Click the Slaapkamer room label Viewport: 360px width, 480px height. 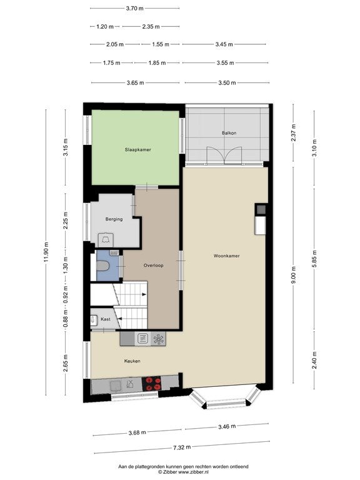click(137, 150)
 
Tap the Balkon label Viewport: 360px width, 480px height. click(229, 133)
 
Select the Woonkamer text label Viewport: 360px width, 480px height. click(226, 256)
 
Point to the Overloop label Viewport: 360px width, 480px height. click(153, 266)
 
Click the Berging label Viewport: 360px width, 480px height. click(114, 219)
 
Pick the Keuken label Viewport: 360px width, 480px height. click(132, 361)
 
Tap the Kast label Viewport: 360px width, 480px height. click(106, 319)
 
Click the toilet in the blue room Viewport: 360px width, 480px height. click(102, 266)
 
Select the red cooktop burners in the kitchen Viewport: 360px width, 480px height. click(151, 384)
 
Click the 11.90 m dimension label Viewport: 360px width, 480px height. click(46, 252)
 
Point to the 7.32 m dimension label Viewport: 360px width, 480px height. click(182, 447)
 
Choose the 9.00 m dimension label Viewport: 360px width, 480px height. click(293, 275)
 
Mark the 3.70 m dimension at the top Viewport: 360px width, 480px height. click(135, 9)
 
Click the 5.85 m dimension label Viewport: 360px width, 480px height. click(314, 259)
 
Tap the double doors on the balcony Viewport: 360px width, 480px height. click(224, 156)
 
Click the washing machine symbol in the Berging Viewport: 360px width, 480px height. click(106, 239)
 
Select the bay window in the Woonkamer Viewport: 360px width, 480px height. click(225, 399)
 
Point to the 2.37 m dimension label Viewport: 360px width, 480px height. click(293, 133)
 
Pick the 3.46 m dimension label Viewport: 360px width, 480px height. click(227, 426)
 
